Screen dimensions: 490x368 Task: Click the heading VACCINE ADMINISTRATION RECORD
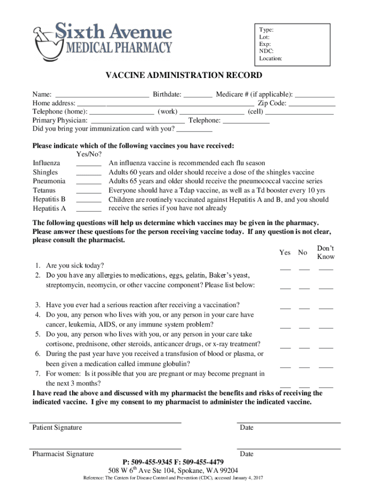click(x=184, y=75)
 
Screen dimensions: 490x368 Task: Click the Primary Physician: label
click(x=60, y=121)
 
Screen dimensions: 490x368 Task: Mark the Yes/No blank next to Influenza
click(x=88, y=165)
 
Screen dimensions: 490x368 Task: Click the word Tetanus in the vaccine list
click(x=44, y=190)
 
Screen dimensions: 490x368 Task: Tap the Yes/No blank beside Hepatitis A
click(x=88, y=210)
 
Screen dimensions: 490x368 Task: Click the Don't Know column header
click(x=325, y=253)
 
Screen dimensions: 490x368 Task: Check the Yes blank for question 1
click(x=285, y=269)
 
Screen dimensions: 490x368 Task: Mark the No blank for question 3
click(x=304, y=308)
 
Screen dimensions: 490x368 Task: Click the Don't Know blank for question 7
click(x=325, y=386)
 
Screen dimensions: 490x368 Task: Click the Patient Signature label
click(x=57, y=427)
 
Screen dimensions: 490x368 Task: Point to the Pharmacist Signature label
click(x=63, y=454)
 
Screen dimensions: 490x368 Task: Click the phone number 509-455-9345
click(x=151, y=462)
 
